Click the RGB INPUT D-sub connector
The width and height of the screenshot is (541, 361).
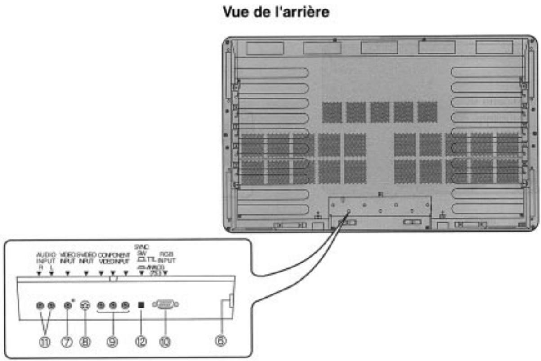coord(165,304)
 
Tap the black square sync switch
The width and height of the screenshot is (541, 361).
coord(141,305)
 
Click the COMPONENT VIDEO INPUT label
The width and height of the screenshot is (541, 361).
coord(113,257)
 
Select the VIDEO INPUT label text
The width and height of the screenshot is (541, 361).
coord(67,257)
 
